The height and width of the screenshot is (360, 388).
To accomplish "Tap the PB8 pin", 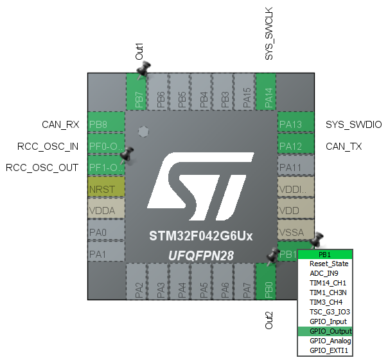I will [106, 124].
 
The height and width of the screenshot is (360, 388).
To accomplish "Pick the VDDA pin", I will [106, 209].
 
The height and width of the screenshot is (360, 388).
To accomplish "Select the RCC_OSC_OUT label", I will [42, 168].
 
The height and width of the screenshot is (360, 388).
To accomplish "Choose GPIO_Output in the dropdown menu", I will [330, 331].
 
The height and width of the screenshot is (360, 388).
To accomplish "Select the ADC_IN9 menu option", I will [325, 273].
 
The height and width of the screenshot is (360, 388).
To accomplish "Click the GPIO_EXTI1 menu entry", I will [330, 350].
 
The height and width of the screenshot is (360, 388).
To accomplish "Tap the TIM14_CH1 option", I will [328, 283].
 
